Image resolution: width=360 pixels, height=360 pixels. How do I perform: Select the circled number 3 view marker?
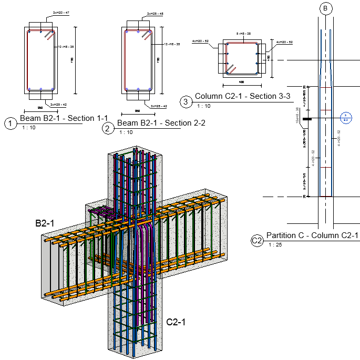pos(186,102)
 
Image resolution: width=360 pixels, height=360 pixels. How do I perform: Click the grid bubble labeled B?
pos(325,8)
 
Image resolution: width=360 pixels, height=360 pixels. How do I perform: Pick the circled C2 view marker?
pos(256,241)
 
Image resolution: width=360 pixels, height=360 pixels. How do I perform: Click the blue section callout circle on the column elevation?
pos(345,117)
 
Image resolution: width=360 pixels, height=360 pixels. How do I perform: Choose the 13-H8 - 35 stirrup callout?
pos(172,44)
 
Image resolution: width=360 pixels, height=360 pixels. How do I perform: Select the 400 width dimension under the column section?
pos(241,82)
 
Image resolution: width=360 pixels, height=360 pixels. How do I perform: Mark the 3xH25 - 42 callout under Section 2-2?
pos(159,106)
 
